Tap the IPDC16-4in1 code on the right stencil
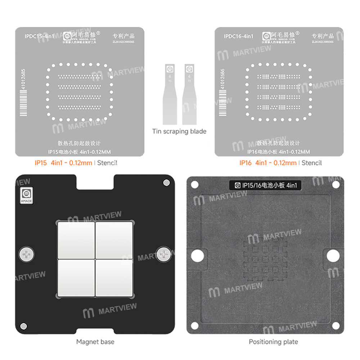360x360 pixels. pyautogui.click(x=238, y=36)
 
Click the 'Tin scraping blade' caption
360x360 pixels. pyautogui.click(x=179, y=131)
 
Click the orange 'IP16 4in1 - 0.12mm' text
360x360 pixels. pyautogui.click(x=268, y=163)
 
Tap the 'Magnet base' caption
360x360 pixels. pyautogui.click(x=95, y=341)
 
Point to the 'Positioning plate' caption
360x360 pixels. pyautogui.click(x=274, y=341)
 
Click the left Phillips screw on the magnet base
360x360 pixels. pyautogui.click(x=26, y=255)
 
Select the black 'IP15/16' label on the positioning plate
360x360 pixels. pyautogui.click(x=265, y=186)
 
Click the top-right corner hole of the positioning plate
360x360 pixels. pyautogui.click(x=336, y=185)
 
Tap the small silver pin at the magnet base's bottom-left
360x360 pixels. pyautogui.click(x=24, y=326)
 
